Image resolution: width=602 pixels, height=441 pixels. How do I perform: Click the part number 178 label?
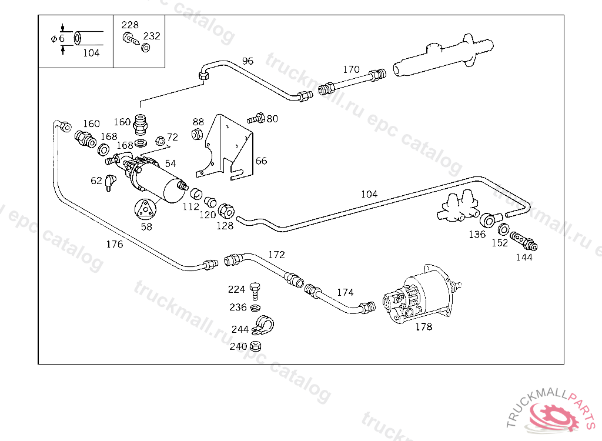coord(423,326)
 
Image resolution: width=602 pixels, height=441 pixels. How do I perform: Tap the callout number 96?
coord(248,61)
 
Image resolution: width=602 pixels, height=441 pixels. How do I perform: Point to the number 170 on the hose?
coord(351,69)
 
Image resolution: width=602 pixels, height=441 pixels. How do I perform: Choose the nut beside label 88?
coord(198,135)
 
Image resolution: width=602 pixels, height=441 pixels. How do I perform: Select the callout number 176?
coord(115,244)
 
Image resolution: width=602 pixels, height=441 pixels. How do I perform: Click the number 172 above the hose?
coord(276,255)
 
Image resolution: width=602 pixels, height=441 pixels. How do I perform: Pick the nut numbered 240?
coord(255,346)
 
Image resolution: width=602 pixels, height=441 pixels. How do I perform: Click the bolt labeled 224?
coord(255,290)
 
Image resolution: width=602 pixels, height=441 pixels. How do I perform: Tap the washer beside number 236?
coord(255,308)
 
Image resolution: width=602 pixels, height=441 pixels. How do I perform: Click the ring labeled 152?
coord(504,229)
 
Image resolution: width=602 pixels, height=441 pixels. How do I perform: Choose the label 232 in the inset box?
coord(152,36)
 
